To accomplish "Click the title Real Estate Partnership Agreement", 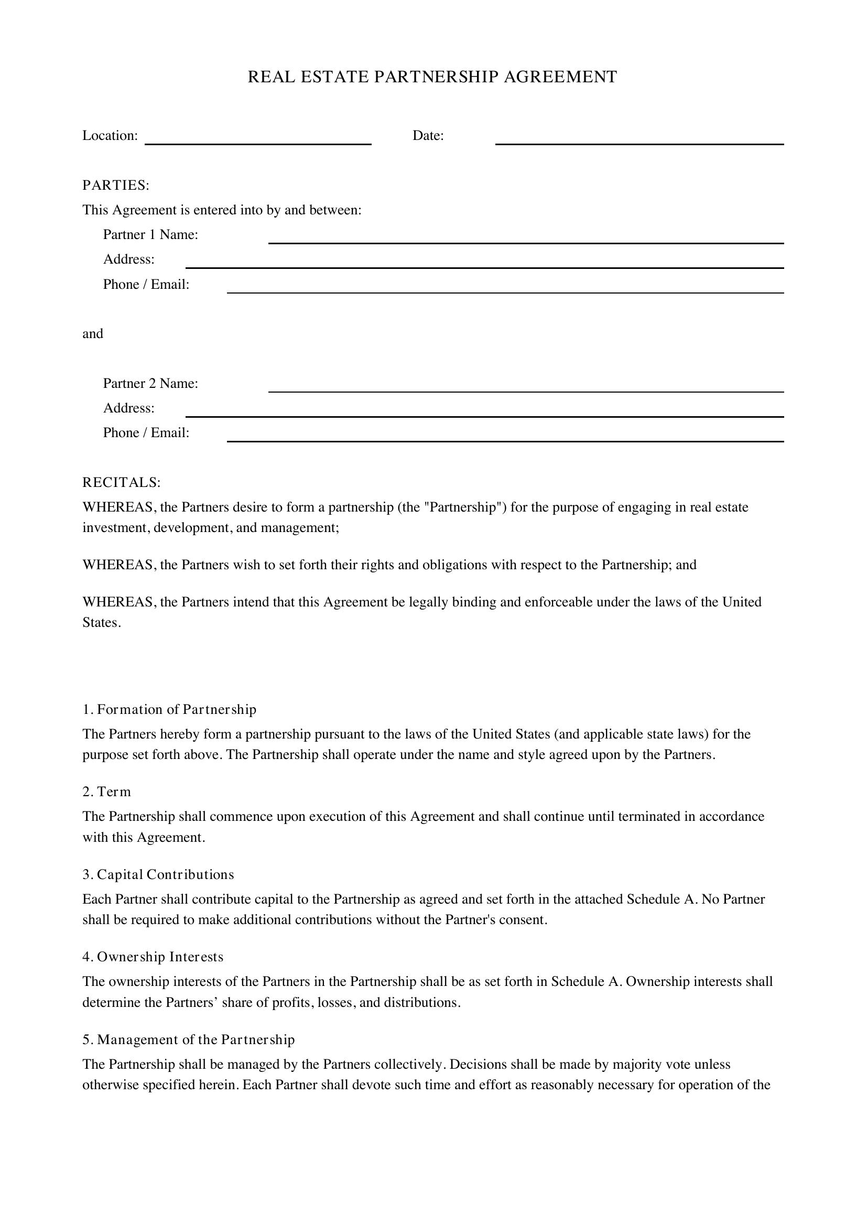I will tap(432, 77).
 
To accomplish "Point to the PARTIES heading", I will tap(116, 185).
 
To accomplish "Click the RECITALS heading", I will tap(121, 482).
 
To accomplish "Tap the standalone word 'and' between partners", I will tap(92, 334).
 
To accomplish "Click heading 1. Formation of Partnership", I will tap(169, 709).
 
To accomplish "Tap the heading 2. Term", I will tap(107, 791).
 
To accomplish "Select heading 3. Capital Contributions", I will tap(158, 874).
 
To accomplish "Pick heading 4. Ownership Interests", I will tap(153, 957).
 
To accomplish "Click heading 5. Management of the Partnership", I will tap(189, 1039).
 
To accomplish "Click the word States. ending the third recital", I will tap(102, 623).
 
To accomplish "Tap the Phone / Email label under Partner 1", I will tap(146, 285).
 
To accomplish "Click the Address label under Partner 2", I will tap(128, 408).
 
